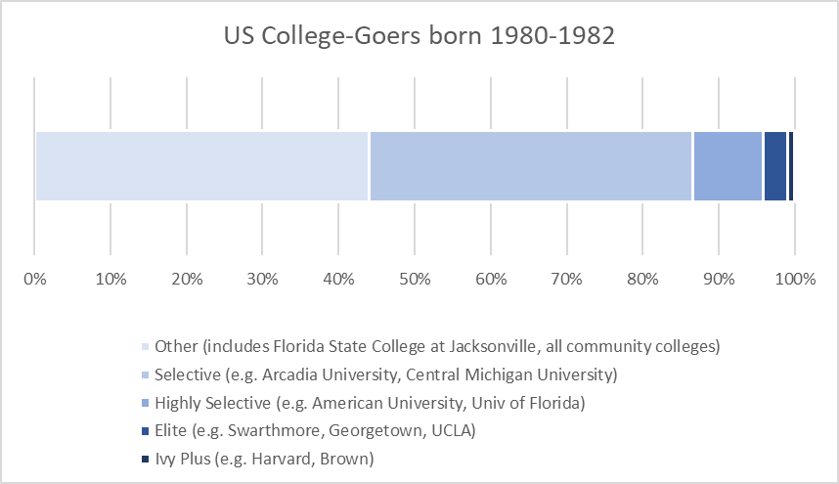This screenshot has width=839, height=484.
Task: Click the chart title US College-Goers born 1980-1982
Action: [419, 37]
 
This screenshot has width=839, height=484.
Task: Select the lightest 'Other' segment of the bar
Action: [201, 165]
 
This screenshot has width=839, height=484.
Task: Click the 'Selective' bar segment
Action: [530, 165]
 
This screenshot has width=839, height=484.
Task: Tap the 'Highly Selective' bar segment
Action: [727, 165]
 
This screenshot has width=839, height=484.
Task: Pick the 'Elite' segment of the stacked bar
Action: [774, 165]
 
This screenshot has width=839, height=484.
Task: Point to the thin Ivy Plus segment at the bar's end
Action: [791, 165]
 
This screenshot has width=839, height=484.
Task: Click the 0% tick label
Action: [34, 280]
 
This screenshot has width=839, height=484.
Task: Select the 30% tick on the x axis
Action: [262, 280]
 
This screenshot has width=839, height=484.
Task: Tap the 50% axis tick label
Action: [415, 280]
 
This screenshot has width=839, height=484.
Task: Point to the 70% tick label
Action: [566, 280]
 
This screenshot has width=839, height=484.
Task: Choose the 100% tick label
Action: [795, 280]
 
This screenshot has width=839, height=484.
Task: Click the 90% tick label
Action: [718, 280]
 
